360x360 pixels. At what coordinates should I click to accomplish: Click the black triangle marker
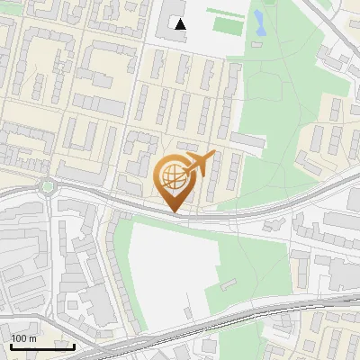[x=180, y=24]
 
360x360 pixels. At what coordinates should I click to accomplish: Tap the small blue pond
[x=260, y=22]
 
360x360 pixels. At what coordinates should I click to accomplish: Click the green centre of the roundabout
[x=47, y=187]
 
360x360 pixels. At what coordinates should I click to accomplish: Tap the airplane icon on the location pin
[x=199, y=164]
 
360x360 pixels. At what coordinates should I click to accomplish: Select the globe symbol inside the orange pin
[x=172, y=176]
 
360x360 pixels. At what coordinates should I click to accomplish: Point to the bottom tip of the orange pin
[x=173, y=211]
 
